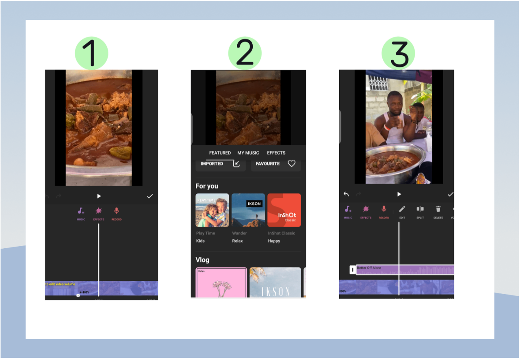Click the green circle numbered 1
click(91, 53)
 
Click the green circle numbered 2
click(245, 53)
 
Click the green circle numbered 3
click(398, 53)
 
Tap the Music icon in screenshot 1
click(81, 211)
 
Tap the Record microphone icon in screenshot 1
click(117, 211)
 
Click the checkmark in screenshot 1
click(150, 196)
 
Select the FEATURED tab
click(220, 153)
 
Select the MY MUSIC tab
click(248, 153)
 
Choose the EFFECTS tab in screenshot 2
click(276, 153)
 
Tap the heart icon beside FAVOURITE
click(291, 163)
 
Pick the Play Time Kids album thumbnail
click(212, 210)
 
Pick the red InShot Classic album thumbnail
click(284, 210)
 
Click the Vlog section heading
click(203, 260)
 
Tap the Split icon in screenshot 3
click(420, 209)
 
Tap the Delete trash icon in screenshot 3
click(438, 209)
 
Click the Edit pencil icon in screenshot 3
click(402, 209)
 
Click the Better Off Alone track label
click(369, 268)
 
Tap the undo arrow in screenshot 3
click(346, 194)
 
